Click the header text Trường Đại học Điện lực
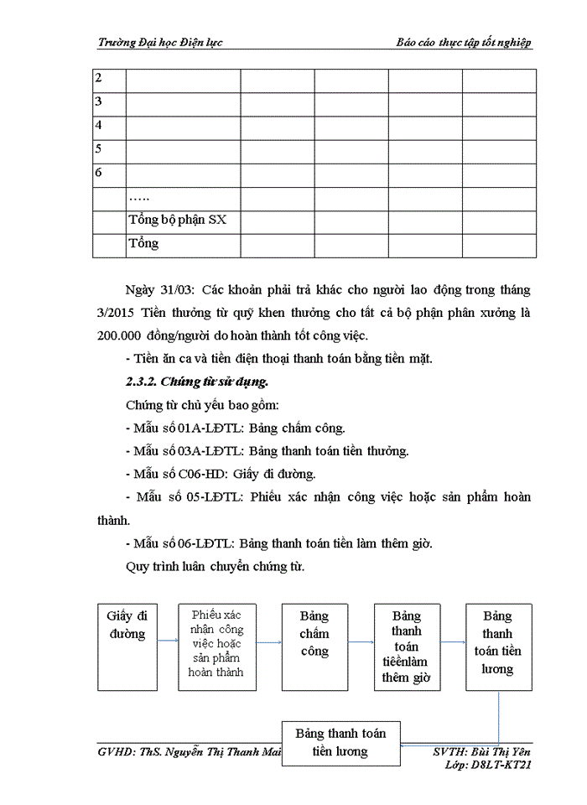[160, 43]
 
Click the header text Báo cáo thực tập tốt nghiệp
[464, 43]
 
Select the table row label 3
[99, 102]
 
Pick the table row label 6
[99, 174]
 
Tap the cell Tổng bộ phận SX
[177, 221]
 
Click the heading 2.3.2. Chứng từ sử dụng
[197, 382]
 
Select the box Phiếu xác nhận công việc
[216, 644]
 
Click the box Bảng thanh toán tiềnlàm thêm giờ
[407, 647]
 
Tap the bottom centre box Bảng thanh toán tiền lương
[340, 742]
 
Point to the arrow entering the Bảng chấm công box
[268, 643]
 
